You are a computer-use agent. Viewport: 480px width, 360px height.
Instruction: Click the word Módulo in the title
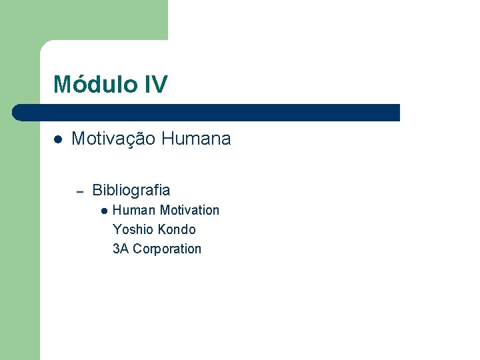(x=94, y=85)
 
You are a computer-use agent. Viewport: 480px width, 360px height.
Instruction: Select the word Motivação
(x=113, y=139)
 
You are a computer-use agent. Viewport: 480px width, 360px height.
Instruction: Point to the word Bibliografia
(x=131, y=190)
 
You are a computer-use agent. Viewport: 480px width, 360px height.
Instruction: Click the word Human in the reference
(x=134, y=210)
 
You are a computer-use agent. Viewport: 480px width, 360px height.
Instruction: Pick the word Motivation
(x=189, y=210)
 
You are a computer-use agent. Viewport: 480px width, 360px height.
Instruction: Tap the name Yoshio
(x=134, y=229)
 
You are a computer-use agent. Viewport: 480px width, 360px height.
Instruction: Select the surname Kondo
(x=177, y=229)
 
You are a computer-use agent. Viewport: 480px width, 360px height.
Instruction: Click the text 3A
(x=121, y=249)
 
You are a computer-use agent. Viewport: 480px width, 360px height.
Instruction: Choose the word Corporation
(x=167, y=249)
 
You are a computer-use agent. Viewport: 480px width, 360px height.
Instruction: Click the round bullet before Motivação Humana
(x=58, y=139)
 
